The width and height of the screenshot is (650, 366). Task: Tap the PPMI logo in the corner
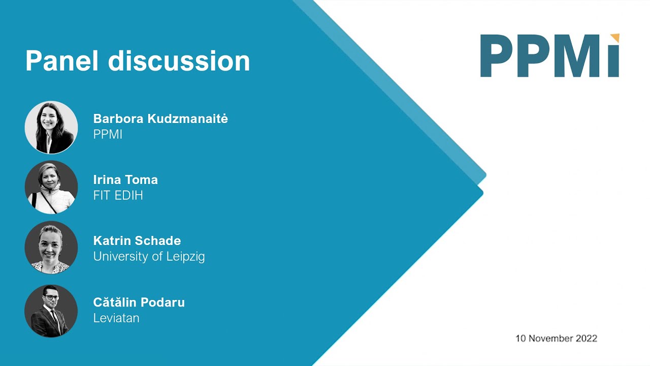tap(549, 56)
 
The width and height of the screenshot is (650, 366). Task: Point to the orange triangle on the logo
tap(615, 38)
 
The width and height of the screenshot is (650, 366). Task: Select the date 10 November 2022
tap(556, 338)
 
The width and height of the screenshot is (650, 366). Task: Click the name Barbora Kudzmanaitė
tap(160, 119)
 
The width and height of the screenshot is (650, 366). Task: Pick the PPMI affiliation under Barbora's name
tap(108, 135)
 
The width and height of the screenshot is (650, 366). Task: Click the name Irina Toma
tap(125, 179)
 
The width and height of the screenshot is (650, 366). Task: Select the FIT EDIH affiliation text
tap(118, 195)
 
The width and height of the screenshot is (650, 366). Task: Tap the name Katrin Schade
tap(137, 240)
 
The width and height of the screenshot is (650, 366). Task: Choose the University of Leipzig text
tap(149, 256)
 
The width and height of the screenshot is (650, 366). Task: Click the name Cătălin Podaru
tap(139, 302)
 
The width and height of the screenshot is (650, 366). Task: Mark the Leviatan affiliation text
tap(116, 318)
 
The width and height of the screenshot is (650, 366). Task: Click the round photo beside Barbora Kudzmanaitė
tap(51, 127)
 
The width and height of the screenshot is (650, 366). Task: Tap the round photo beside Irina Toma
tap(51, 187)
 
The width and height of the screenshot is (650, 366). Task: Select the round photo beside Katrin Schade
tap(51, 248)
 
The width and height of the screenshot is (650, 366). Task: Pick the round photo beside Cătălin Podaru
tap(51, 311)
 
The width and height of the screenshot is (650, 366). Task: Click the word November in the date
tap(550, 338)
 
